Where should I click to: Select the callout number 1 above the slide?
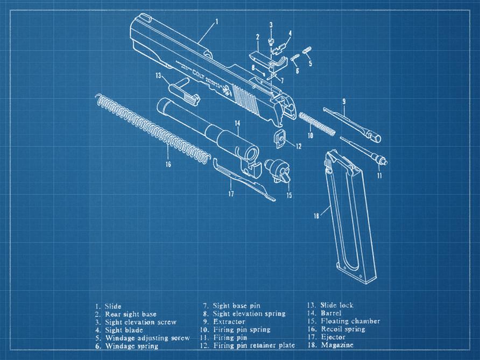tap(216, 22)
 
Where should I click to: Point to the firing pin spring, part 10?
tap(317, 124)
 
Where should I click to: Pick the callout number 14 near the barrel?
tap(237, 123)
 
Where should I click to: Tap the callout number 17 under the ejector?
tap(231, 193)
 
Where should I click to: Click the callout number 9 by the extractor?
tap(344, 101)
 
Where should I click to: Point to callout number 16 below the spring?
tap(168, 164)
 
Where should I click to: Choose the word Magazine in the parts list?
tap(337, 345)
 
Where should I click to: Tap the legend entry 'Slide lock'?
tap(337, 306)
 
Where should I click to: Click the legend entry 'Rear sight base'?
tap(131, 314)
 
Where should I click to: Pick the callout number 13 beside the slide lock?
tap(158, 75)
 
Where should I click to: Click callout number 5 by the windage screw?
tap(310, 63)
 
